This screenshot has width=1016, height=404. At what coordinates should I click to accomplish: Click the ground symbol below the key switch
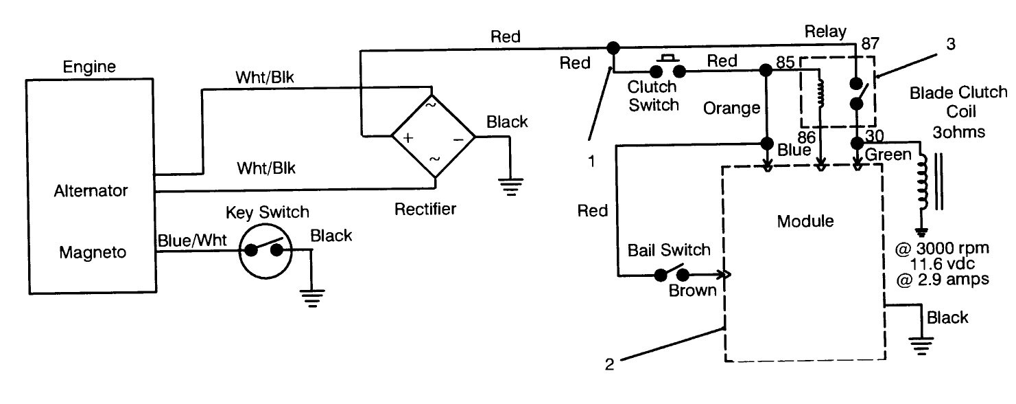(x=314, y=298)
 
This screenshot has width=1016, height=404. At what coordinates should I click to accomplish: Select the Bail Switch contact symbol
(x=670, y=273)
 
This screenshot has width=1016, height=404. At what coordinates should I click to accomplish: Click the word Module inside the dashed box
(x=805, y=221)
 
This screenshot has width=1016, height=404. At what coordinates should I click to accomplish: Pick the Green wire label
(x=887, y=155)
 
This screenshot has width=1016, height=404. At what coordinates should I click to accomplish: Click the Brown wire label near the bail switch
(x=692, y=291)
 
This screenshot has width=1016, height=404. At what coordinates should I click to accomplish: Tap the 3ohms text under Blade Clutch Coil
(x=958, y=131)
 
